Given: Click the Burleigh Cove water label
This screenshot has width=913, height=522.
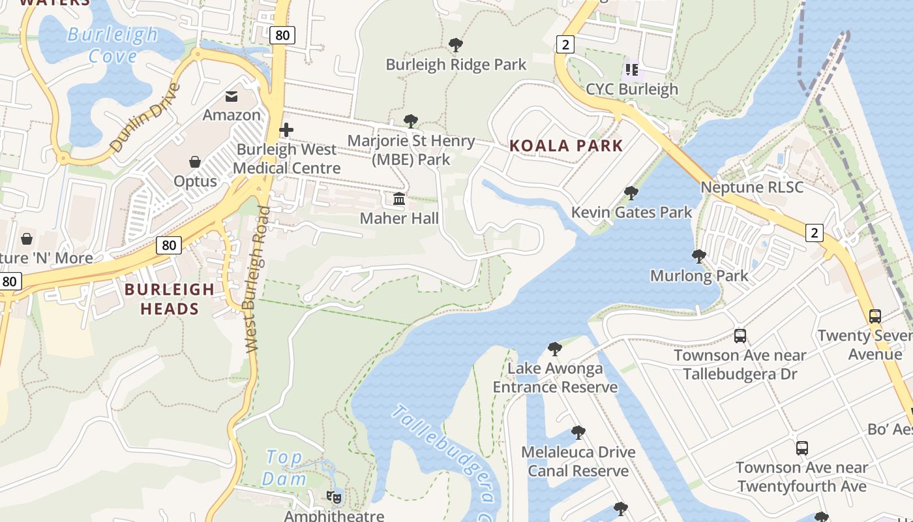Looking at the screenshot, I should coord(113,44).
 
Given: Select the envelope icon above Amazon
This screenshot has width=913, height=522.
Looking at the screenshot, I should coord(232,97).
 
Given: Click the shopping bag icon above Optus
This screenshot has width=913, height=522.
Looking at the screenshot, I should coord(195,161).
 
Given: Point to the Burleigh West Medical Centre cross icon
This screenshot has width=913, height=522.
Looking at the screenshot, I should coord(286,130).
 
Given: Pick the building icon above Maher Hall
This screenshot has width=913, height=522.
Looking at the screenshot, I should coord(399,198).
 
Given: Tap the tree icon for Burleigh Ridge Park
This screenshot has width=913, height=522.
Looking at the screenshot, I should coord(456,45).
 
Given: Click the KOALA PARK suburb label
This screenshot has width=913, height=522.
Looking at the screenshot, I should coord(566,146).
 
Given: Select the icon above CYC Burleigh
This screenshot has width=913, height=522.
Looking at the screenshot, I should coord(631,69).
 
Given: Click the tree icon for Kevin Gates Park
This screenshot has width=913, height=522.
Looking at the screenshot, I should coord(631,193).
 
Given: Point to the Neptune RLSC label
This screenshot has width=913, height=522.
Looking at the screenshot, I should coord(752,187).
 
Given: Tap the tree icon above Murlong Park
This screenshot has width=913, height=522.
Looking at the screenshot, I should coord(699,256).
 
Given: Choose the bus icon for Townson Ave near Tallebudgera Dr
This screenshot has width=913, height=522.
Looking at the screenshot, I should coord(740,336).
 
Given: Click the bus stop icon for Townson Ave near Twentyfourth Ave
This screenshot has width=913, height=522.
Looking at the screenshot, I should coord(802,448).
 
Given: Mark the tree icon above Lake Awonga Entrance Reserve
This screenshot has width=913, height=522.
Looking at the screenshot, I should coord(555,349).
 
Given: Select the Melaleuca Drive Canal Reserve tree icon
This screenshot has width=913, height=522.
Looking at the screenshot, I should coord(578,433).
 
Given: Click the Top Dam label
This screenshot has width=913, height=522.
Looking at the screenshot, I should coord(284,468).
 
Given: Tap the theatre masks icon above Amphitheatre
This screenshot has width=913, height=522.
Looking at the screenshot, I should coord(334,497).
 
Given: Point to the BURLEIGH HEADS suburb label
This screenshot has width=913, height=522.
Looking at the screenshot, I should coord(170,299).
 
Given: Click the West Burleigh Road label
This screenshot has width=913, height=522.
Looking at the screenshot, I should coord(255,281).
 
